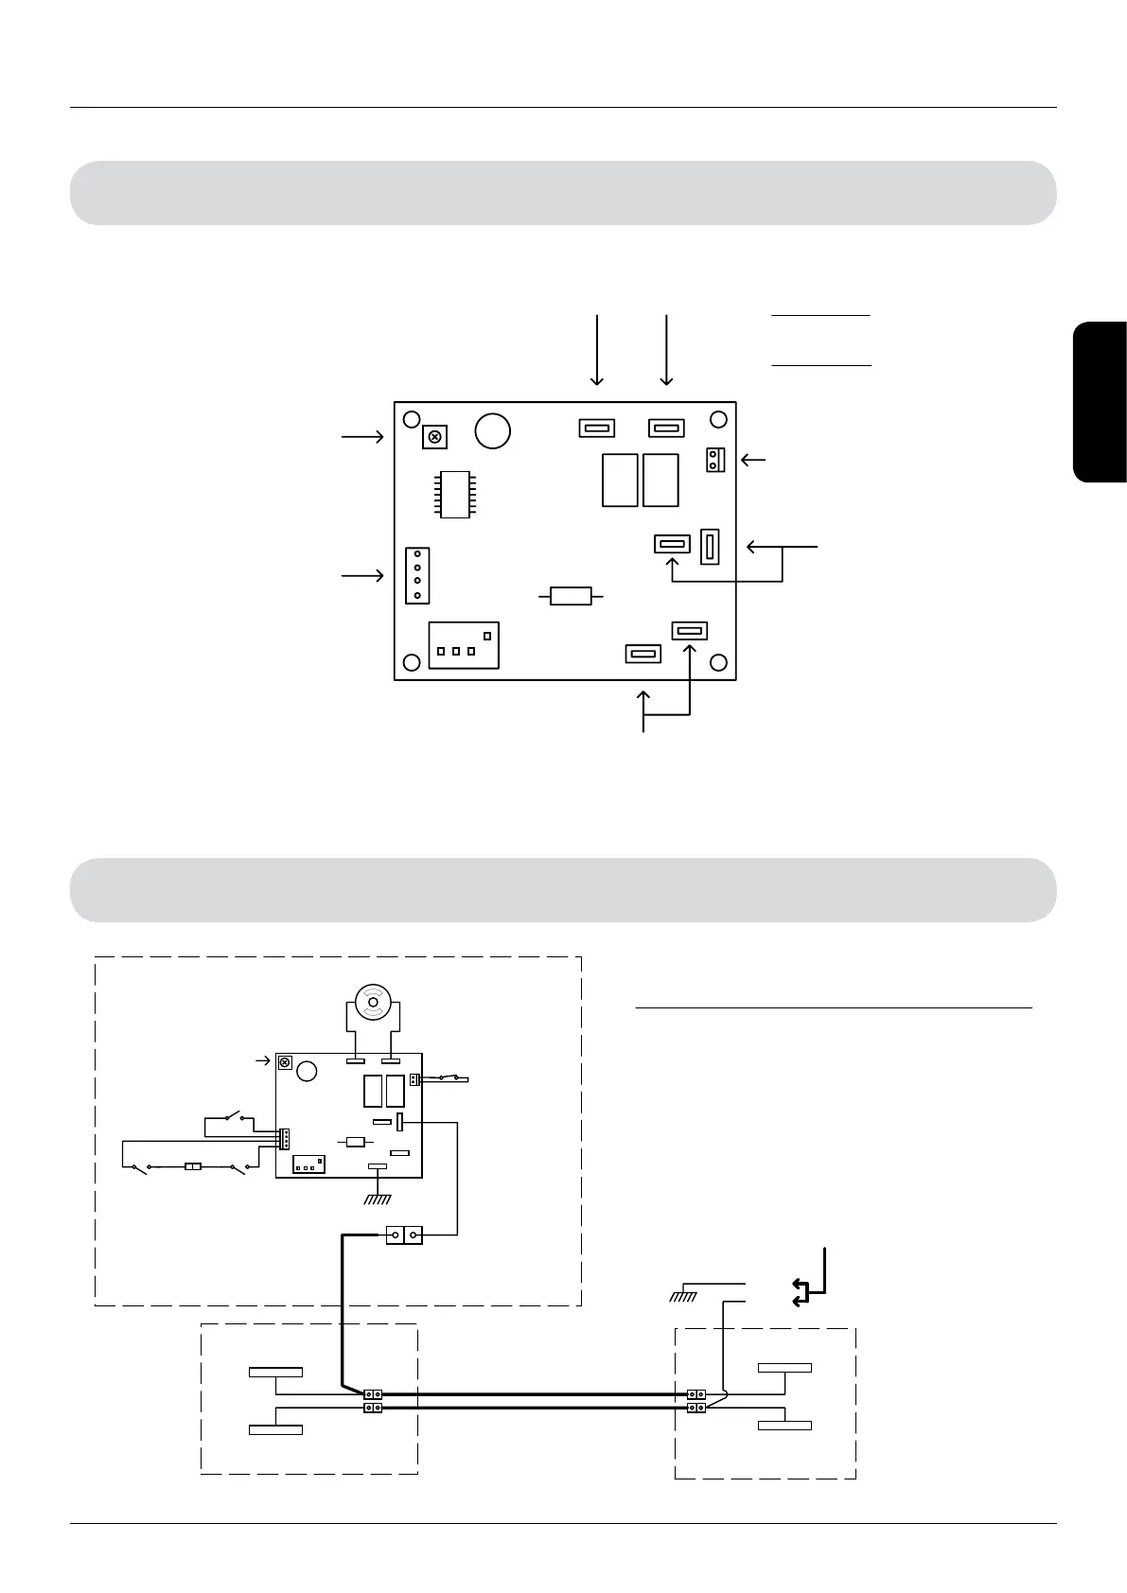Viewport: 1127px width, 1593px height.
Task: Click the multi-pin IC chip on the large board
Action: point(456,493)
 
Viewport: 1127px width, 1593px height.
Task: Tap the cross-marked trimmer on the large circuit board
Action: point(434,437)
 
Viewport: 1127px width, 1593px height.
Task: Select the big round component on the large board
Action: point(493,430)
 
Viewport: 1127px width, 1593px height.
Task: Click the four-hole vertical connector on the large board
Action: point(416,575)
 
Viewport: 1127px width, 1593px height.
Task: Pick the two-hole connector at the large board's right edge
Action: point(715,461)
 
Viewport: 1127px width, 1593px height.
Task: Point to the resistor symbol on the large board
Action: point(571,596)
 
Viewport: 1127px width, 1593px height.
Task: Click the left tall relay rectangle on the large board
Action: point(620,481)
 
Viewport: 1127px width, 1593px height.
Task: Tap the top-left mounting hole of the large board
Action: point(411,420)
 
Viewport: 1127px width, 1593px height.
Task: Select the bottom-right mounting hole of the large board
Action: point(718,662)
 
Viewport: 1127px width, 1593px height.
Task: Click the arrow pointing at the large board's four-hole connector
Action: point(362,575)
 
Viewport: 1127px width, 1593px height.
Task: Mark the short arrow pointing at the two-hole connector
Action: point(753,461)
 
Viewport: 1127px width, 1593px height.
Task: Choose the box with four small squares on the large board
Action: point(464,645)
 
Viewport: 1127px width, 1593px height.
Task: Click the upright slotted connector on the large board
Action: point(710,546)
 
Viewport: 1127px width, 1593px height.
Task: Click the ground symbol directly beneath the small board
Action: point(379,1198)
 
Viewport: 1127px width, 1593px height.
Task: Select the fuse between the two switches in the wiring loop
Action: point(192,1168)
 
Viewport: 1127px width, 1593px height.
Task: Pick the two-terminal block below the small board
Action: point(404,1234)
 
